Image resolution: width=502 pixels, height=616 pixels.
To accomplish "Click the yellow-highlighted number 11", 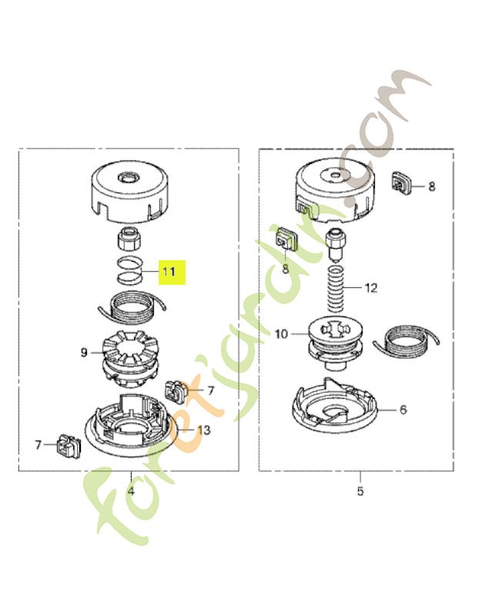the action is [x=169, y=272].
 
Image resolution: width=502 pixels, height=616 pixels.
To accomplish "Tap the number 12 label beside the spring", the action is [x=371, y=288].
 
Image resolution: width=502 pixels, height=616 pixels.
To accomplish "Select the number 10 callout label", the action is [x=281, y=334].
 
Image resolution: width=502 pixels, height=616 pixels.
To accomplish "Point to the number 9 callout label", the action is [x=84, y=353].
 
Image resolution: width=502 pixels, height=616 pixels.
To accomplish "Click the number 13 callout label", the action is [x=204, y=430].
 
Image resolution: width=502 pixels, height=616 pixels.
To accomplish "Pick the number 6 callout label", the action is [x=403, y=410].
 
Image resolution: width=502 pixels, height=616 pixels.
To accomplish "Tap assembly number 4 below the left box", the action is [x=131, y=490].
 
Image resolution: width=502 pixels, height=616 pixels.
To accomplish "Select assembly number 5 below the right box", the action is [x=360, y=491].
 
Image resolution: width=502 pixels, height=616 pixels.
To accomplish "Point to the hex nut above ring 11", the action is [x=129, y=239].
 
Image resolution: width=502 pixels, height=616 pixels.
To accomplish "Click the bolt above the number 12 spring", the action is [x=335, y=243].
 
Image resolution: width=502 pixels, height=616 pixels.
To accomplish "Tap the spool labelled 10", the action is [x=334, y=344].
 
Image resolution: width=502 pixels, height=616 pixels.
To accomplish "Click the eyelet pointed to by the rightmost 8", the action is [x=400, y=182].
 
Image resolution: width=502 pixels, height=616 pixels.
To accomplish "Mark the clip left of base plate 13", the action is [x=69, y=446].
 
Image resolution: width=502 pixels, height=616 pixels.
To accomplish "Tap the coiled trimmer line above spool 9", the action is [x=132, y=308].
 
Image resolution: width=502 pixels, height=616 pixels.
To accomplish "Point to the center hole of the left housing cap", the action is [x=129, y=178].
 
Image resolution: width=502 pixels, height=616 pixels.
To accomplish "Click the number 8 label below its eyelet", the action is [x=286, y=269].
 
